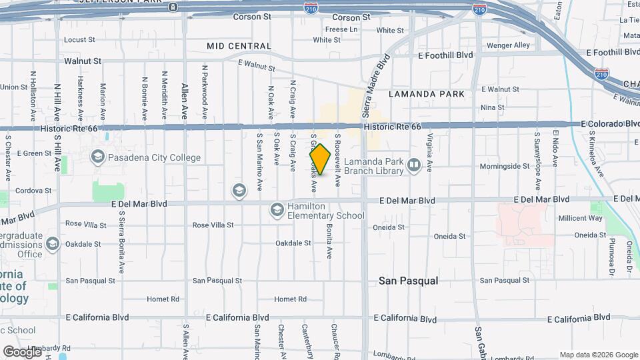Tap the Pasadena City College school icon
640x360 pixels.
tap(98, 157)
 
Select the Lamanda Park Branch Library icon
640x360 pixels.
tap(414, 165)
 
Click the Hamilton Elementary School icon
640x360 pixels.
tap(277, 211)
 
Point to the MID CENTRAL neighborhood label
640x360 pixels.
tap(239, 46)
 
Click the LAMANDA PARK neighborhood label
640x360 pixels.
tap(427, 94)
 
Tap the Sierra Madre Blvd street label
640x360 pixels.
tap(375, 78)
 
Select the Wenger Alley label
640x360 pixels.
tap(508, 45)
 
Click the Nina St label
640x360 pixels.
tap(492, 107)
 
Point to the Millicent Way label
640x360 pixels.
tap(580, 218)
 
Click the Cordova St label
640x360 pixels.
tap(34, 190)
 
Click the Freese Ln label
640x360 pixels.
tap(341, 29)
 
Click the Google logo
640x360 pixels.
tap(21, 351)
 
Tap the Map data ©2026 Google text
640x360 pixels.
tap(599, 355)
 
